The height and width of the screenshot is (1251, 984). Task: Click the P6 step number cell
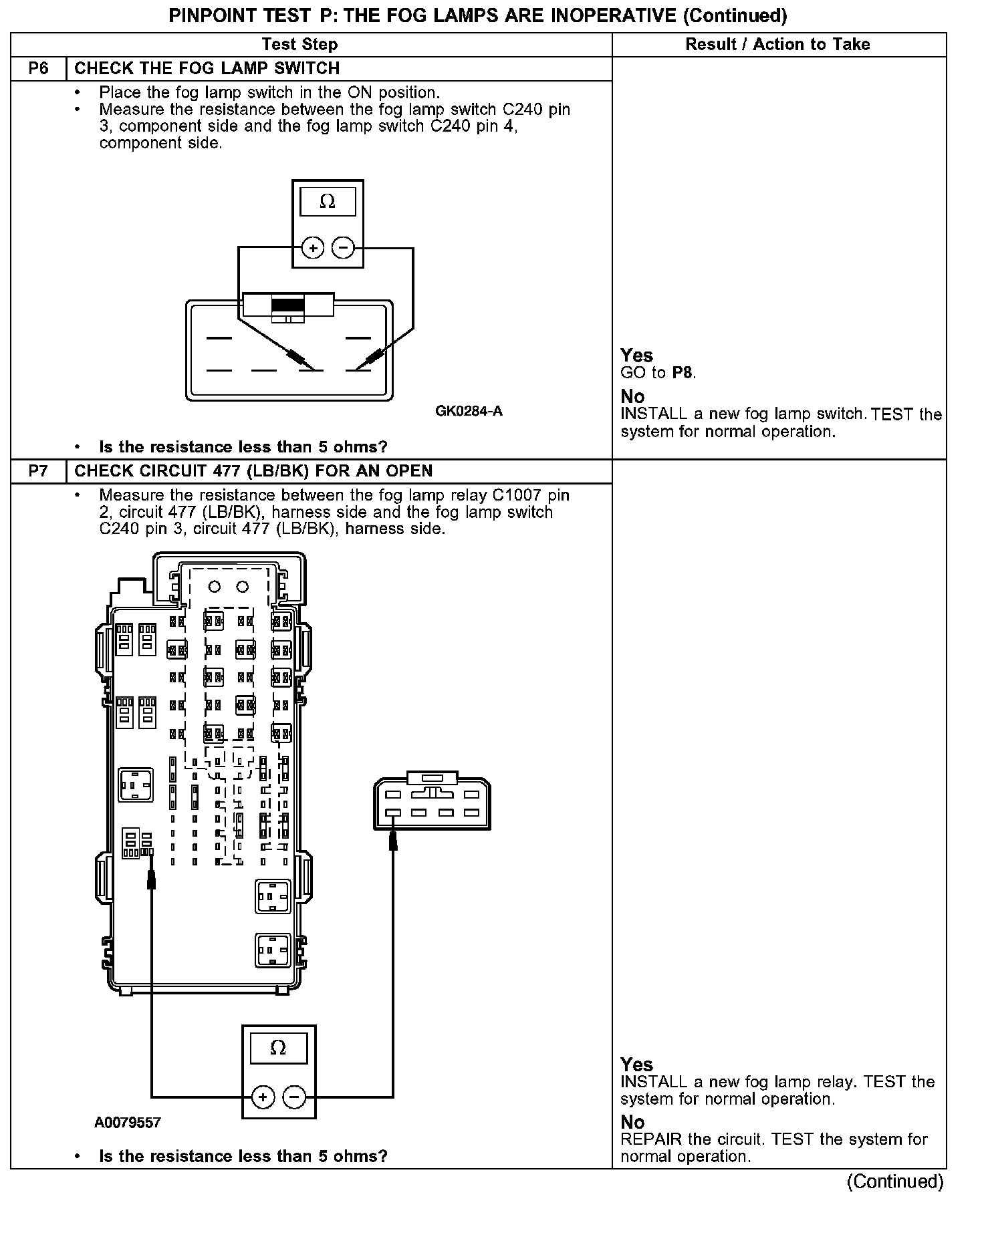pos(39,69)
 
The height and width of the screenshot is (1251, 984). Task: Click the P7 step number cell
pos(39,471)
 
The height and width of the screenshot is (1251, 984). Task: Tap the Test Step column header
pos(299,45)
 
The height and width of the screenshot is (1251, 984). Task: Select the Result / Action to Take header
pos(778,45)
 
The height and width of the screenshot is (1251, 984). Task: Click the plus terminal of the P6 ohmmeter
pos(312,248)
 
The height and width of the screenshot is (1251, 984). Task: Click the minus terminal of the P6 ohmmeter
pos(343,248)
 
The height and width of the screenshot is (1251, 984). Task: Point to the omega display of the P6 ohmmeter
pos(328,201)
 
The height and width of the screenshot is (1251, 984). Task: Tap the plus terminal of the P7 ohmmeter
pos(263,1097)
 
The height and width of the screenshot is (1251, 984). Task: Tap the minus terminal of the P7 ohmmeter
pos(294,1097)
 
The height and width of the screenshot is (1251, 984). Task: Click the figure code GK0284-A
pos(469,411)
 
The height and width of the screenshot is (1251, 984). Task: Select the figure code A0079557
pos(128,1123)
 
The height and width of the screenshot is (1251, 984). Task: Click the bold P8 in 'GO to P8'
pos(682,373)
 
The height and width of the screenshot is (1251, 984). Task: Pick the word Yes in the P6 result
pos(636,356)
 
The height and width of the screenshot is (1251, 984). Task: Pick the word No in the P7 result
pos(632,1122)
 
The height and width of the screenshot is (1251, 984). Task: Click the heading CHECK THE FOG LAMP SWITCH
pos(207,69)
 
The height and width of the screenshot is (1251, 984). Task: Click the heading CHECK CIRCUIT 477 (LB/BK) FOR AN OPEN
pos(253,471)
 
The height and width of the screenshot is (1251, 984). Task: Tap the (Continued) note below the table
pos(894,1182)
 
